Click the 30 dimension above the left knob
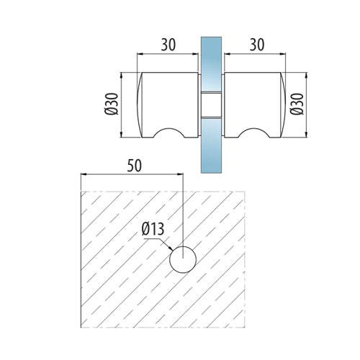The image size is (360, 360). coord(168,45)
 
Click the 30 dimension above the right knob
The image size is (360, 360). coord(257,45)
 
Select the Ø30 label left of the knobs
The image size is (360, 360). coord(112,104)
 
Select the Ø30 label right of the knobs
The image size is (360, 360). coord(297,104)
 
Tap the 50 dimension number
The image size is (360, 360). coord(135,166)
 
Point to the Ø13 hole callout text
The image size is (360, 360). coord(153,229)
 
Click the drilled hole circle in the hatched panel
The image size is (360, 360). coord(183,259)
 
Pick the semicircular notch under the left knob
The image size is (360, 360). coord(169,132)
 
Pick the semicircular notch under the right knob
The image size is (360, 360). coord(254,132)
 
